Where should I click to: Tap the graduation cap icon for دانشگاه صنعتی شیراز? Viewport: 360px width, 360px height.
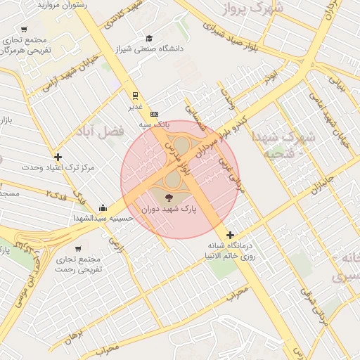coord(149,39)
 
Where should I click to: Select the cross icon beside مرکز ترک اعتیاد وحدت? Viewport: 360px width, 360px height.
coord(58,157)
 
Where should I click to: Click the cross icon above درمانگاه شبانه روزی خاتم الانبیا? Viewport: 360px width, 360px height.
coord(230,234)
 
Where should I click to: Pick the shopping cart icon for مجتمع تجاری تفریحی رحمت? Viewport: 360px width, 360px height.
coord(78,248)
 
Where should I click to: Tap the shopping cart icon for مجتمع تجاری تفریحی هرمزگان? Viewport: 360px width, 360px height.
coord(25,30)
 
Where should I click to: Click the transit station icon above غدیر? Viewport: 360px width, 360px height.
coord(135,94)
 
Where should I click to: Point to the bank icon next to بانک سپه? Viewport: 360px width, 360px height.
coord(155,114)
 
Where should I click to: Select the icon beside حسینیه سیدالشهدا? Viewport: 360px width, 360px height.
coord(103,207)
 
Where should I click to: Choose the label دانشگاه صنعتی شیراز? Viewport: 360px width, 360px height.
coord(173,49)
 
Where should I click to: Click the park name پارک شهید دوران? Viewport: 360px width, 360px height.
coord(169,210)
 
